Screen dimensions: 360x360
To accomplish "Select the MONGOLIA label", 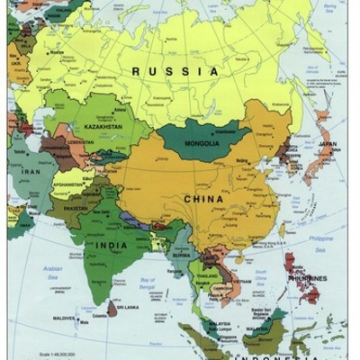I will click(x=202, y=143).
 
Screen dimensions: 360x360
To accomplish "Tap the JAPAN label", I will click(x=327, y=145).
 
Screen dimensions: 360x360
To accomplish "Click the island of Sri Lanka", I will click(x=112, y=309).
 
